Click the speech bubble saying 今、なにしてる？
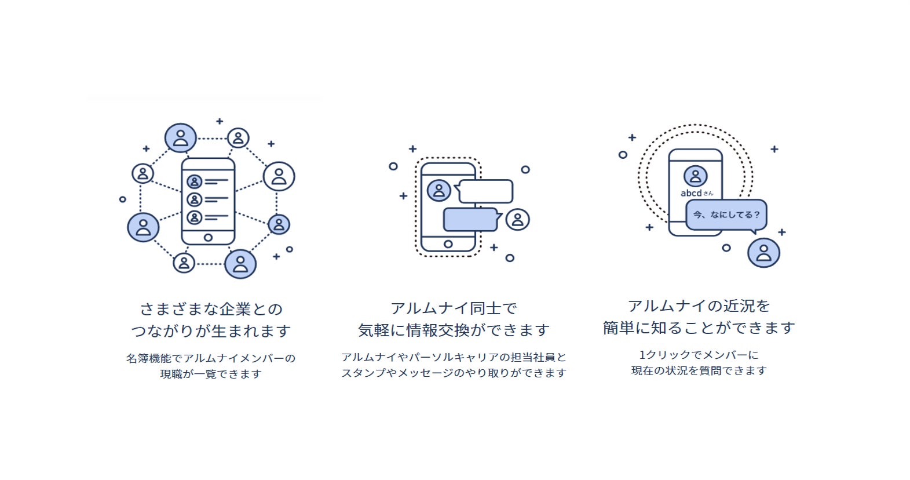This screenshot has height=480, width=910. point(726,214)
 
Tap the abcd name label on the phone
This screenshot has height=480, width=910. point(696,193)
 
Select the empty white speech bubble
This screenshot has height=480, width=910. point(485,191)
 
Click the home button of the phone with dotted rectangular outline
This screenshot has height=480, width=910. point(448,244)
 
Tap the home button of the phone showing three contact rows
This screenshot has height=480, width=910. point(208,237)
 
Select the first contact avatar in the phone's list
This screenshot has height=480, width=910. point(195,182)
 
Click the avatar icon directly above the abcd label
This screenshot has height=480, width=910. point(695,176)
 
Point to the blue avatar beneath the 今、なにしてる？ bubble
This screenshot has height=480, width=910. point(763,253)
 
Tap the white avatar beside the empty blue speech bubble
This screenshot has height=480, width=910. point(517,220)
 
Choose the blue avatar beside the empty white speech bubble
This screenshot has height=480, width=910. point(438,190)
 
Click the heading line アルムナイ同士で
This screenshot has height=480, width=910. point(454,308)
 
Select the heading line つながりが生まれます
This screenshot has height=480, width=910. point(211,331)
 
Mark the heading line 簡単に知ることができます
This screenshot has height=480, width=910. point(699,328)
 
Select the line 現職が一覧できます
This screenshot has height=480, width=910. point(211,374)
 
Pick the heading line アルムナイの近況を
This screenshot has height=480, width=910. point(699,306)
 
